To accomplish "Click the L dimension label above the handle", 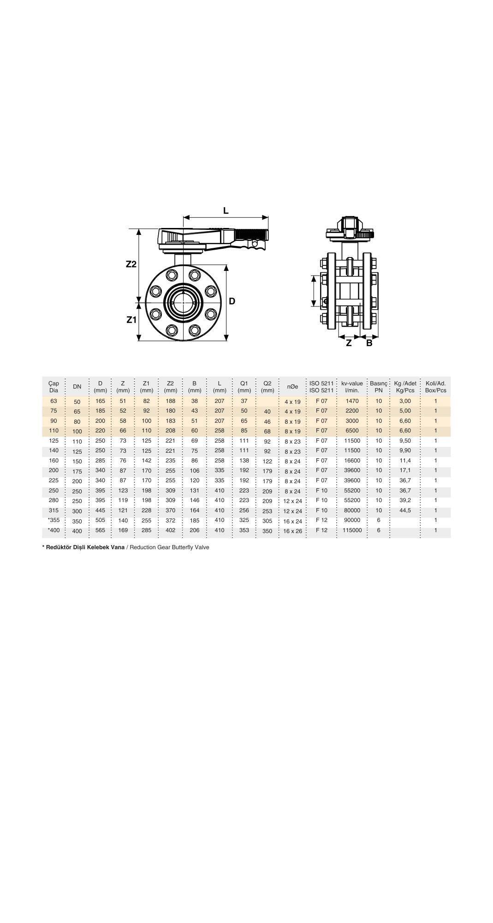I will [226, 211].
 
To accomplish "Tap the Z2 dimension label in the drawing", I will [131, 264].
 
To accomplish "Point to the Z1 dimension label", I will [131, 319].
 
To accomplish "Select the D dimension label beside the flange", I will [232, 301].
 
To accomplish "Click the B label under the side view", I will [369, 343].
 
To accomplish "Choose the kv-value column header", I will [352, 387].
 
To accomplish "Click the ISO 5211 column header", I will [321, 387].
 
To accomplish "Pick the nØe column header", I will [292, 387].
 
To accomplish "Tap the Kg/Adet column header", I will [405, 387].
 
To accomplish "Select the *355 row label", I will [54, 520].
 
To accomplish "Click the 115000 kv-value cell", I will [352, 530].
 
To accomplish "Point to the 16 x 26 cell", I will [292, 531].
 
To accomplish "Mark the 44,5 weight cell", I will [405, 510].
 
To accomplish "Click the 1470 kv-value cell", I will [352, 401].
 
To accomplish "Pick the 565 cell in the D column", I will [100, 530].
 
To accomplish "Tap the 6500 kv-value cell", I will [352, 431].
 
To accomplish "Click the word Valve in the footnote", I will [202, 547].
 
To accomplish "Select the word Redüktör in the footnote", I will [59, 547].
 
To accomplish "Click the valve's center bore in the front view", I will [184, 302].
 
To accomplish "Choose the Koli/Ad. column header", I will [435, 387].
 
